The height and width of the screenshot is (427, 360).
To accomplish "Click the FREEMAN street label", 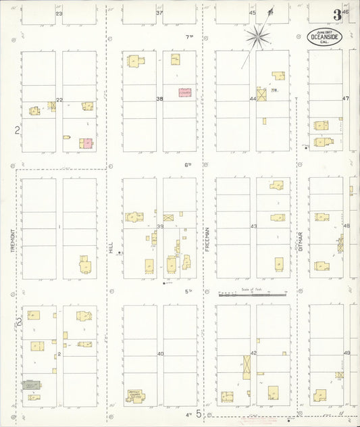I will coord(207,239).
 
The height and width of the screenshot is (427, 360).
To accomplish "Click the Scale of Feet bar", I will coord(253,295).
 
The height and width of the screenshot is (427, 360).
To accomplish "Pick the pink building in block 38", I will coord(184,93).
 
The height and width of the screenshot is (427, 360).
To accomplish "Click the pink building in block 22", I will coord(86,144).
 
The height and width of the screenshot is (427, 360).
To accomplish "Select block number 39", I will coord(160,227).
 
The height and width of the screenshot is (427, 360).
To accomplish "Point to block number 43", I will coord(253,227).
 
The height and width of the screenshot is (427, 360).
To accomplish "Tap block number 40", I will coord(160,353).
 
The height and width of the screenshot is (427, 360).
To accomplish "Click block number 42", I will coord(253,353).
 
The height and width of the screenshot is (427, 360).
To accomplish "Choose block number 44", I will coord(253,99).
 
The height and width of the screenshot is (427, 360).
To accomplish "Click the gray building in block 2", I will coord(31,384).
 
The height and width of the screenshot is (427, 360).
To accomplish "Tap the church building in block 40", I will coord(134,396).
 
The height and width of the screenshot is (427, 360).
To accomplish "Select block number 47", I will coord(346,99).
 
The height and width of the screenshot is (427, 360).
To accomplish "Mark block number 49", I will coord(346,353).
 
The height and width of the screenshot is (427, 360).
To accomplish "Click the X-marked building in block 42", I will coord(247,365).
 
